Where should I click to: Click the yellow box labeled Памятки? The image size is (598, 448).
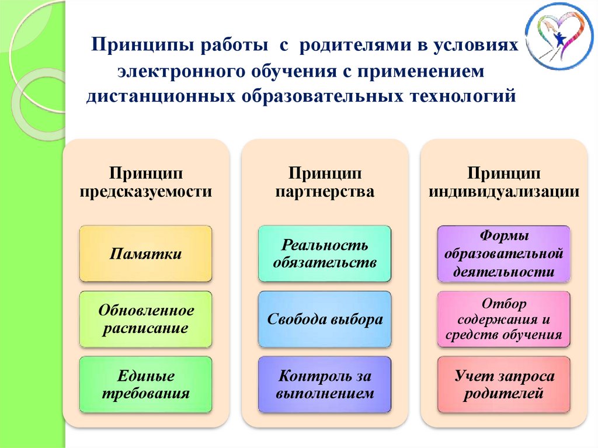[x=145, y=253]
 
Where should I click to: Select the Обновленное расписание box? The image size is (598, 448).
[x=145, y=319]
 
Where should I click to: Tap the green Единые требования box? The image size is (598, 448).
[x=145, y=384]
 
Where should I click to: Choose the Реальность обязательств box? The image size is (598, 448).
[x=325, y=253]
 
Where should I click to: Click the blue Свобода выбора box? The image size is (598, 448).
[x=325, y=319]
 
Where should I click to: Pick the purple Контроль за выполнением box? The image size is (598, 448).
[x=325, y=384]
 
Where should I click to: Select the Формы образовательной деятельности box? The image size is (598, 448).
[x=503, y=253]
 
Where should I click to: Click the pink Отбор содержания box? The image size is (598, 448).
[x=503, y=319]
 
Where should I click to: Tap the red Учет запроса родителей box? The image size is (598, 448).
[x=503, y=384]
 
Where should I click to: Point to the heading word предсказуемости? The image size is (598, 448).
[x=146, y=191]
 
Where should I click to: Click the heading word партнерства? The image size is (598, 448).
[x=325, y=191]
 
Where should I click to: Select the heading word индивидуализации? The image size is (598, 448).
[x=504, y=191]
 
